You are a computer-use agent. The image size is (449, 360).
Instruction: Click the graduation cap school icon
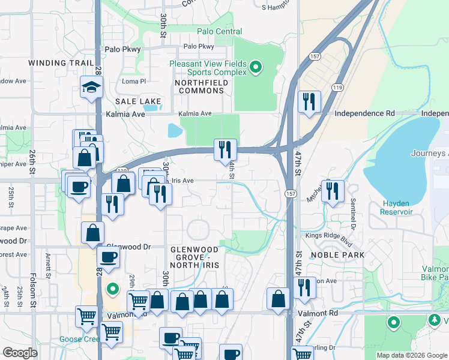pyautogui.click(x=91, y=88)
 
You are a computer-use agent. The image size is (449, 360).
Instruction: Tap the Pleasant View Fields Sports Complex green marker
pyautogui.click(x=256, y=67)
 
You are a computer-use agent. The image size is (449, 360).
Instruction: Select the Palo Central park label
pyautogui.click(x=219, y=31)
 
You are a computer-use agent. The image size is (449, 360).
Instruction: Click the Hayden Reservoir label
pyautogui.click(x=397, y=208)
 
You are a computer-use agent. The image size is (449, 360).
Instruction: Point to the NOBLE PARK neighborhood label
pyautogui.click(x=337, y=255)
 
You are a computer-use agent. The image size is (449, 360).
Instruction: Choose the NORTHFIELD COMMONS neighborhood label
pyautogui.click(x=200, y=86)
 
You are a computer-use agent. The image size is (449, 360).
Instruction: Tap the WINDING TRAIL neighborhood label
pyautogui.click(x=61, y=63)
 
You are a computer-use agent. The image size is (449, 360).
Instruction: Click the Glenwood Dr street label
pyautogui.click(x=127, y=247)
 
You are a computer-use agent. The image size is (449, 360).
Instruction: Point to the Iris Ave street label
pyautogui.click(x=182, y=180)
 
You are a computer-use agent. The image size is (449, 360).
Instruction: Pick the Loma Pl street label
pyautogui.click(x=134, y=82)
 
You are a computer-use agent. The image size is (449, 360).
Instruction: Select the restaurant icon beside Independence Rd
pyautogui.click(x=309, y=101)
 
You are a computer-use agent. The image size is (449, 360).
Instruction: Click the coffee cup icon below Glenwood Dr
pyautogui.click(x=108, y=257)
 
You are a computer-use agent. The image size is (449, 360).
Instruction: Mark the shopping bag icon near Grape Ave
pyautogui.click(x=92, y=232)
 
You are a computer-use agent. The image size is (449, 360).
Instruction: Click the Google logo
pyautogui.click(x=20, y=353)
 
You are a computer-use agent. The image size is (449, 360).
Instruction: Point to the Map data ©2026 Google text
pyautogui.click(x=410, y=355)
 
